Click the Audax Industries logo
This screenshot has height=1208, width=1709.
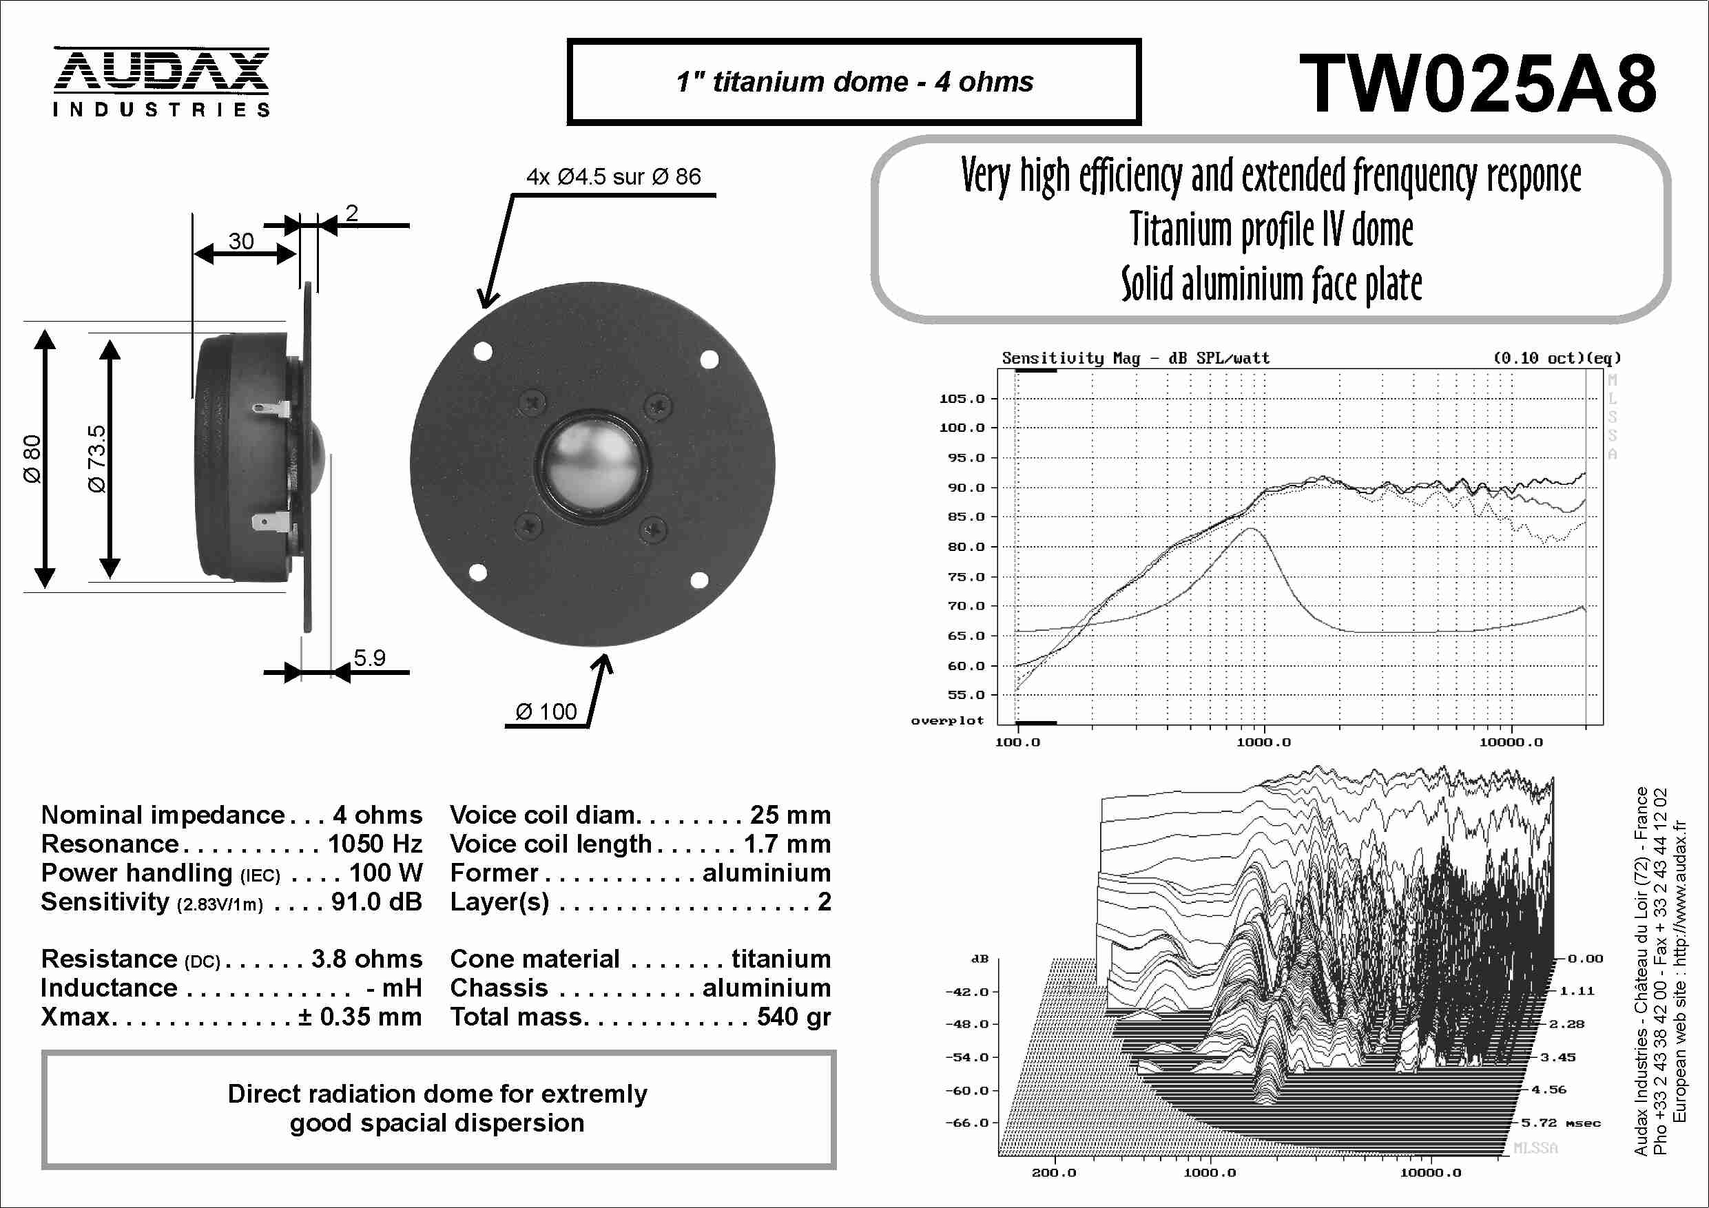[x=160, y=81]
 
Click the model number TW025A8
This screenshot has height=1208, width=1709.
[x=1478, y=84]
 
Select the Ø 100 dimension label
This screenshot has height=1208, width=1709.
[x=546, y=711]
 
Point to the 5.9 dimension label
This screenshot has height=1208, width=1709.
[x=369, y=658]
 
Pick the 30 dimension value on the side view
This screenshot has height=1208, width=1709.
[x=240, y=241]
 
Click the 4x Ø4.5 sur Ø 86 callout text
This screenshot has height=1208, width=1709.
[x=613, y=176]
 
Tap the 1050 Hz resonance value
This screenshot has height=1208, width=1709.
[x=375, y=844]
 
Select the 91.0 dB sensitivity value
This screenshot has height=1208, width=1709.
[x=376, y=902]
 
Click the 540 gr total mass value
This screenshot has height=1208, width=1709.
[x=793, y=1017]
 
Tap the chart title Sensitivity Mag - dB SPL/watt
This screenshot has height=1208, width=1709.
[x=1135, y=358]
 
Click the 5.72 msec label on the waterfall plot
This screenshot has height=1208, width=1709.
[x=1560, y=1123]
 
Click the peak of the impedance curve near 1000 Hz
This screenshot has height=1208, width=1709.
[x=1252, y=529]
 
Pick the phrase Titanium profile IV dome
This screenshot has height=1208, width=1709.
[x=1271, y=229]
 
